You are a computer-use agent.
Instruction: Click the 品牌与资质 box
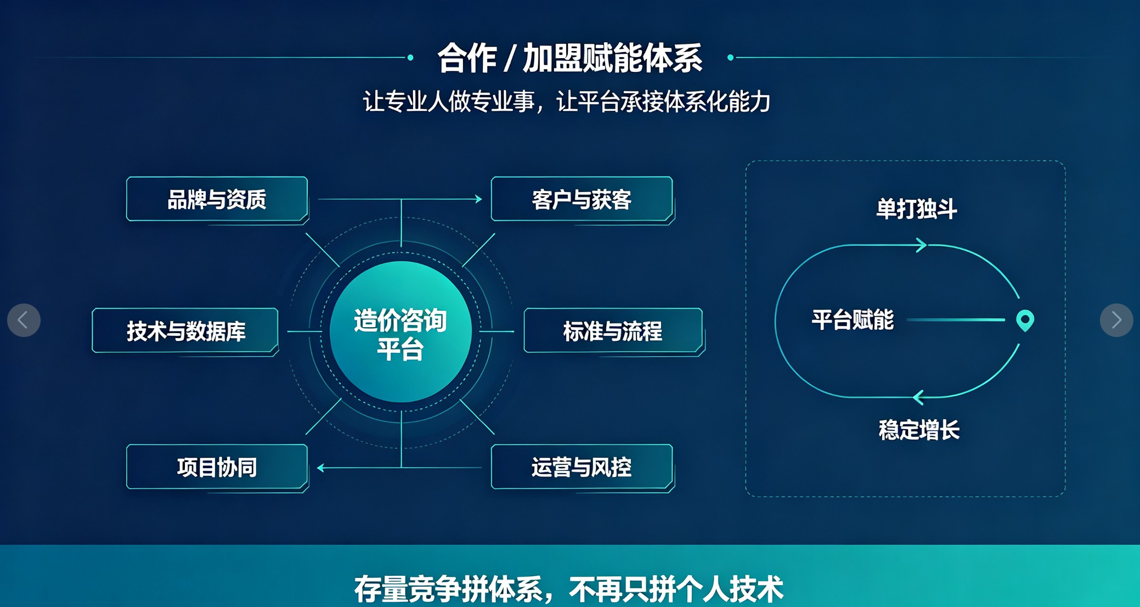(x=217, y=199)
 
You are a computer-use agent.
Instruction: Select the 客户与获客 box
(x=582, y=199)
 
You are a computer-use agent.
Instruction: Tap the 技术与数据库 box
(x=185, y=330)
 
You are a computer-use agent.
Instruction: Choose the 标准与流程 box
(x=613, y=330)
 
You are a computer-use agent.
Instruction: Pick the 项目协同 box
(x=217, y=467)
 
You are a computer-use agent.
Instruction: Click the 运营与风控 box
(x=582, y=467)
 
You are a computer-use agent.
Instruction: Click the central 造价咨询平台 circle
(x=400, y=331)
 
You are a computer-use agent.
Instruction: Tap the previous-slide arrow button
(x=24, y=320)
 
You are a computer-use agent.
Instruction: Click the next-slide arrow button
(x=1116, y=320)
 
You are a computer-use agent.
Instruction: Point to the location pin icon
(x=1025, y=320)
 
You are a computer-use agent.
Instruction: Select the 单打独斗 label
(x=916, y=209)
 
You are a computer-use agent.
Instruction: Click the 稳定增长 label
(x=919, y=430)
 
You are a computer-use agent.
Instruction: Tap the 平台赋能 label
(x=853, y=320)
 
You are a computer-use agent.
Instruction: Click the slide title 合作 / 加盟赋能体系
(x=569, y=58)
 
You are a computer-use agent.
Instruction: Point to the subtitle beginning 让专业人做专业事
(x=567, y=102)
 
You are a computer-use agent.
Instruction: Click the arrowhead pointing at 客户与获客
(x=478, y=199)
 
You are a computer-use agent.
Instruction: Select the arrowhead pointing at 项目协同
(x=321, y=468)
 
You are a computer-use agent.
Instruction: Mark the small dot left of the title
(x=410, y=58)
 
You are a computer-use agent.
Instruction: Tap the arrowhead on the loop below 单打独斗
(x=922, y=245)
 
